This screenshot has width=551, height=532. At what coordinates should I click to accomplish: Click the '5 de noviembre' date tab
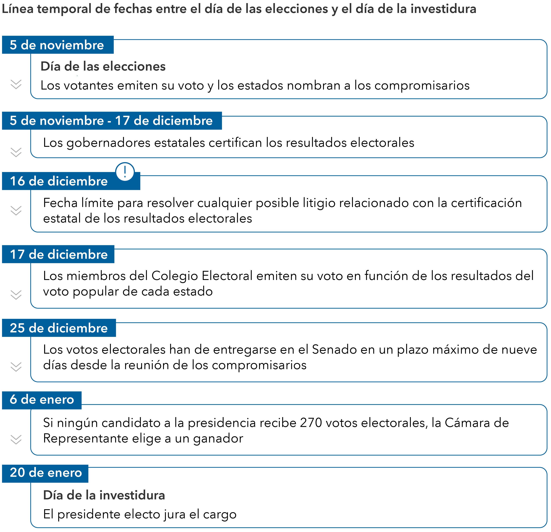click(x=58, y=45)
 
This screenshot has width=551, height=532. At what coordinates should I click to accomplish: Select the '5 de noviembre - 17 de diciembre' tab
click(x=112, y=121)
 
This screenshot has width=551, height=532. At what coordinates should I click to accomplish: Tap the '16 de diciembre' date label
click(x=59, y=181)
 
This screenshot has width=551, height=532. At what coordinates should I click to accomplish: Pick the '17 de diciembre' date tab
click(x=58, y=254)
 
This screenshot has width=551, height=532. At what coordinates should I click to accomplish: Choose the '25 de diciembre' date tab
click(x=59, y=328)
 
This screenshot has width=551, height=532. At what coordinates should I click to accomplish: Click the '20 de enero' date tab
click(x=45, y=473)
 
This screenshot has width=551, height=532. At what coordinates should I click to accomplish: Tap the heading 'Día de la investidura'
click(x=104, y=495)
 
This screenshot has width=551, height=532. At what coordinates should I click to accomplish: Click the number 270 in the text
click(x=311, y=423)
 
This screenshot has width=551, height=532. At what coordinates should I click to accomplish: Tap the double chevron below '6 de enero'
click(x=16, y=439)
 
